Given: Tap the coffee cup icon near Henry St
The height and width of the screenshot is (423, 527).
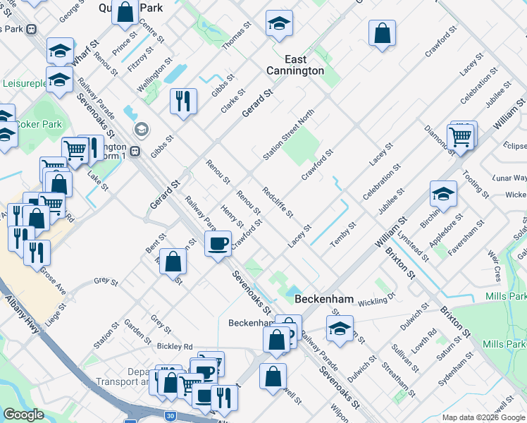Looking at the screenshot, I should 218,244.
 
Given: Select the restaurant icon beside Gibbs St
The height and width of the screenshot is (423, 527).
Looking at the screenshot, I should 183,101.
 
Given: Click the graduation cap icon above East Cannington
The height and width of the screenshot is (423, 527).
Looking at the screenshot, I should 279,25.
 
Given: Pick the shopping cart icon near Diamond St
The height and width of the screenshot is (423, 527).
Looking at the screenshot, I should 459,137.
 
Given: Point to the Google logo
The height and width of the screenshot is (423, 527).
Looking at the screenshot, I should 23,415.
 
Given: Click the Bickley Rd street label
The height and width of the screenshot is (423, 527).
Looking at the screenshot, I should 175,346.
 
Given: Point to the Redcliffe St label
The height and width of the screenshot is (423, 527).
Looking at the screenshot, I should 277,202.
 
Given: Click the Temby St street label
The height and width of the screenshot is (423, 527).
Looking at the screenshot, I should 344,233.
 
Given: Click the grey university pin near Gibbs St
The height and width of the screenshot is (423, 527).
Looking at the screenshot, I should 142,130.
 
